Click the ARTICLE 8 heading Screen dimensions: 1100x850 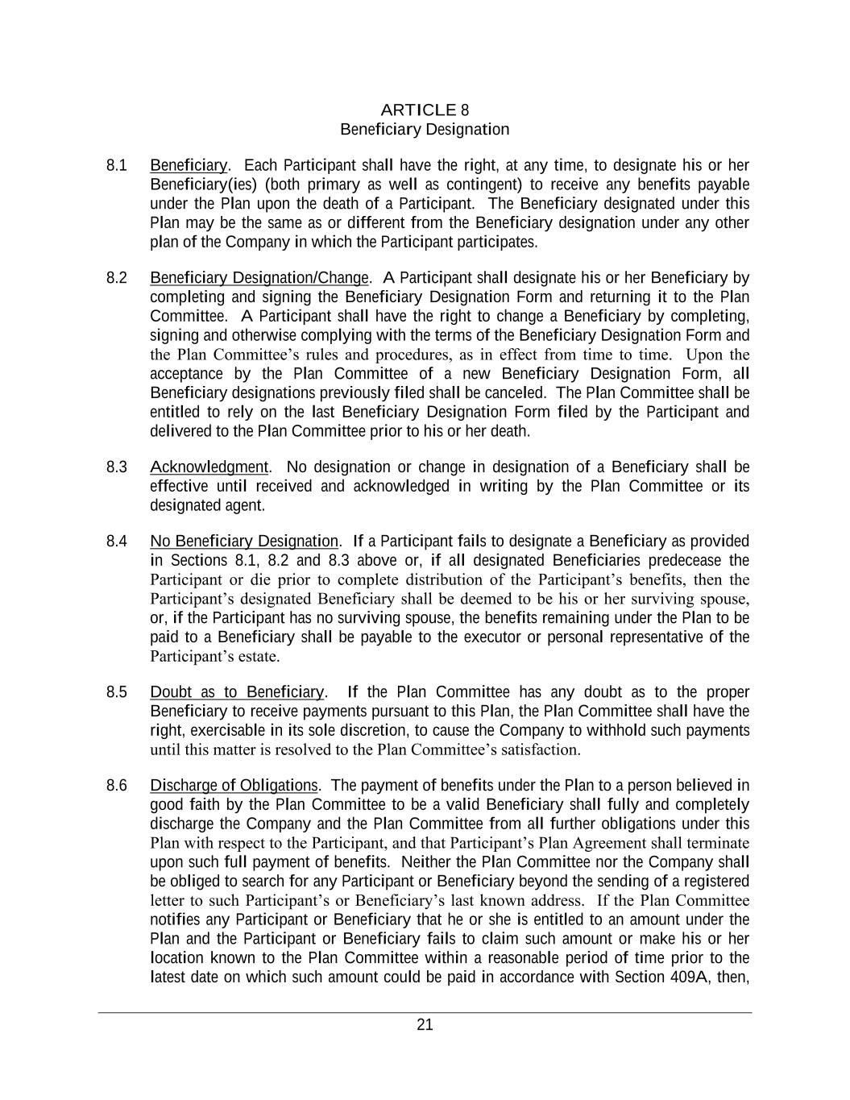click(x=425, y=110)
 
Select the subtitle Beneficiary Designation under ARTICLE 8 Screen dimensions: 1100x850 click(x=425, y=129)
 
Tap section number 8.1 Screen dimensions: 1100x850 click(x=117, y=166)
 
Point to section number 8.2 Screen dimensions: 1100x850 click(x=117, y=278)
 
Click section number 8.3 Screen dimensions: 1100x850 click(x=117, y=467)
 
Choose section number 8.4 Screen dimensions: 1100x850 click(x=117, y=541)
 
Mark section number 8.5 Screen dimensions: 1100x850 click(x=117, y=692)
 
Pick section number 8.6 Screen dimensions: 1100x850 click(x=117, y=785)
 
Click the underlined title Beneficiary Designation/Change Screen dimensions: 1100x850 click(x=259, y=278)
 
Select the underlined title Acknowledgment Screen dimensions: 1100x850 click(x=209, y=467)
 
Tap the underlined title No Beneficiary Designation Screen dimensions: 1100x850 click(x=244, y=541)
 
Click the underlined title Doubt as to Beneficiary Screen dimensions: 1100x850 click(x=237, y=692)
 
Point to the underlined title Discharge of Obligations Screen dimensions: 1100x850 click(x=234, y=785)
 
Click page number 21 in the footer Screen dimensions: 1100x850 click(x=425, y=1025)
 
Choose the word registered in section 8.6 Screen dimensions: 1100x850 click(x=716, y=881)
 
